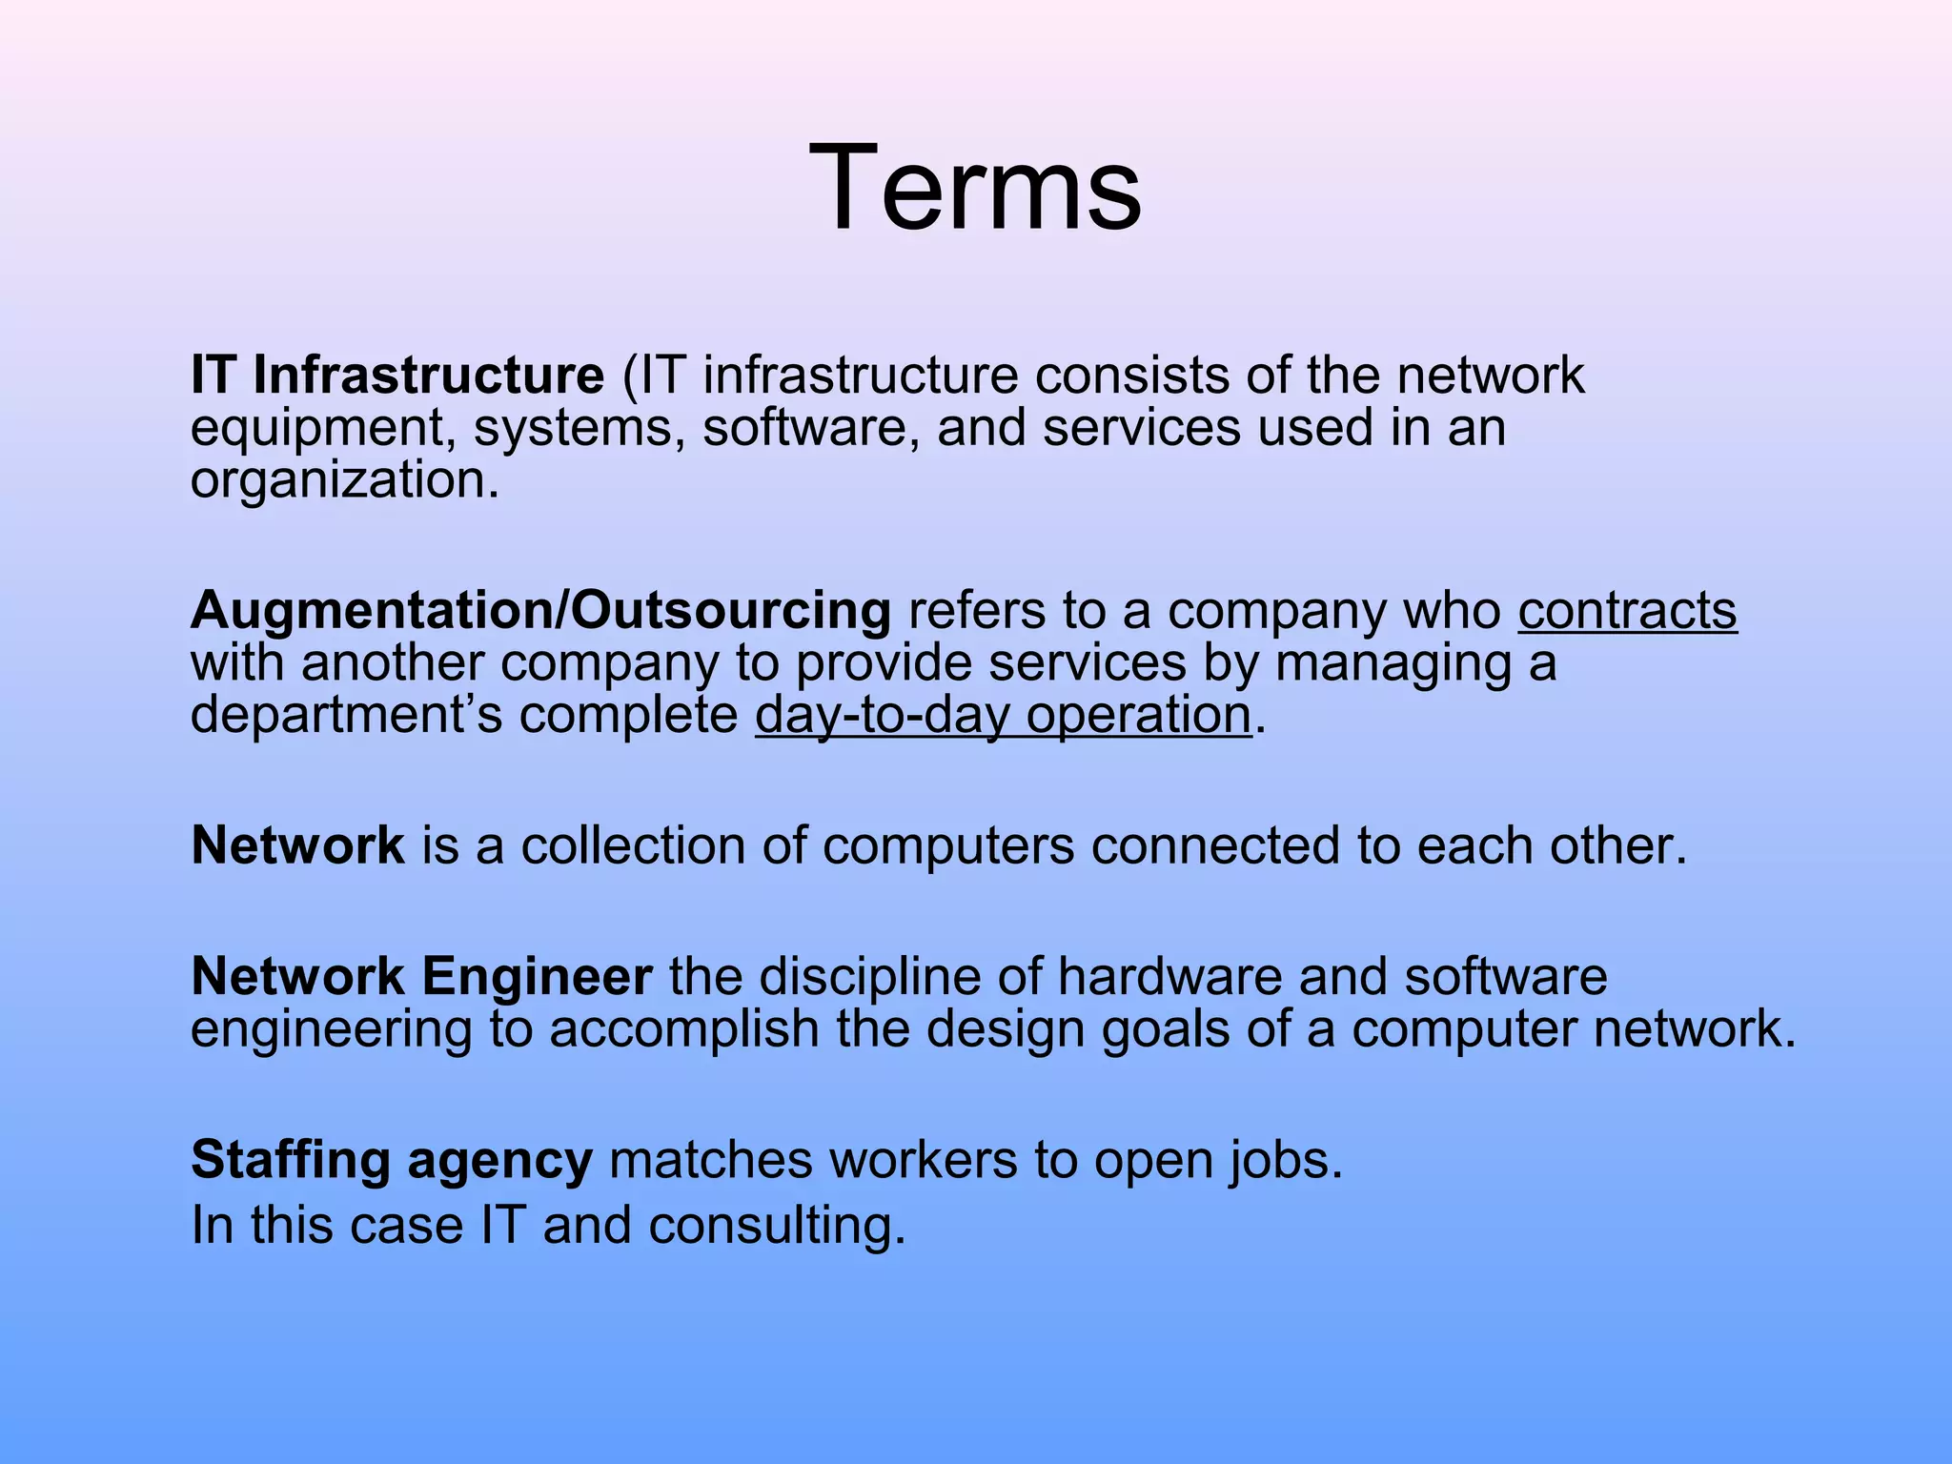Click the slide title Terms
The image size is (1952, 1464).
click(x=975, y=187)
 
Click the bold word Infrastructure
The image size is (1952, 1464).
click(x=428, y=375)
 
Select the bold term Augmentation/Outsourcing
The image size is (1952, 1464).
click(x=540, y=610)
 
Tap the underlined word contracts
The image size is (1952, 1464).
click(x=1627, y=610)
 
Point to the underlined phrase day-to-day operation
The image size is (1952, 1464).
click(x=1003, y=715)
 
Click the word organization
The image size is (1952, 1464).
click(x=344, y=479)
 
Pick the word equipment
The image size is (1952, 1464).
click(x=322, y=428)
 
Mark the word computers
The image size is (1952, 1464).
click(x=948, y=845)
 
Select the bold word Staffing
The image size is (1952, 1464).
click(x=291, y=1160)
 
